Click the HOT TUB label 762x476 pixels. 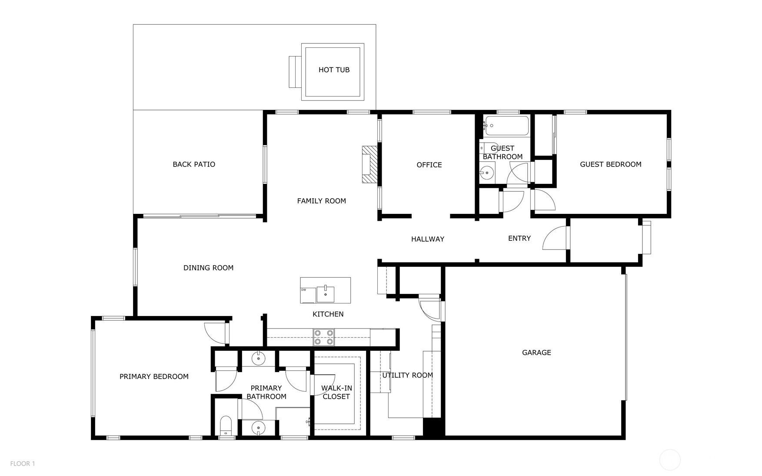click(334, 70)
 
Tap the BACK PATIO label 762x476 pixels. click(194, 164)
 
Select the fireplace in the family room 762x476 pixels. click(369, 164)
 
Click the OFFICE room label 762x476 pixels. click(429, 165)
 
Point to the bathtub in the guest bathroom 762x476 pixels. click(506, 126)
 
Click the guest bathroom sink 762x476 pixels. click(487, 172)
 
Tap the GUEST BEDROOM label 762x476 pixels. click(611, 164)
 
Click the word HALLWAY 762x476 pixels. click(428, 239)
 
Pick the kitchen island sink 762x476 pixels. click(326, 293)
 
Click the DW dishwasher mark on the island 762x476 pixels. click(303, 290)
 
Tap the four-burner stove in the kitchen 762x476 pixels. click(324, 337)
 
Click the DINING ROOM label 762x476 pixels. click(208, 268)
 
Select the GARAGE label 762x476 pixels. click(536, 353)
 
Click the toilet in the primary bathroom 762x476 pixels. click(226, 426)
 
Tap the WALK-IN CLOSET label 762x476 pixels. click(336, 393)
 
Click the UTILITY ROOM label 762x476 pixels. click(407, 375)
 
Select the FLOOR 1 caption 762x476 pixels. click(23, 463)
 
